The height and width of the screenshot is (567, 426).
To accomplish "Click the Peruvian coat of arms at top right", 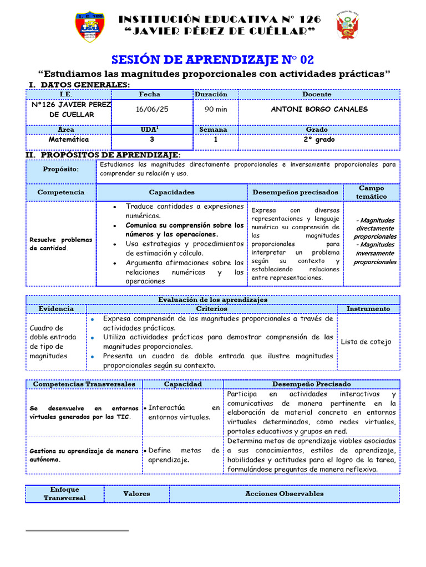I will click(x=347, y=27).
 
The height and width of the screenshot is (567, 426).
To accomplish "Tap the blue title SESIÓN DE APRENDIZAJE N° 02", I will click(x=213, y=60).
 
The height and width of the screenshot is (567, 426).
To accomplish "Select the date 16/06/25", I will click(x=152, y=109).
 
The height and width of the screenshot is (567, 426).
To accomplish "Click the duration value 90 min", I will click(x=216, y=109).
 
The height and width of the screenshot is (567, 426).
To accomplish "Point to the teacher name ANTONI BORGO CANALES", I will click(x=319, y=109).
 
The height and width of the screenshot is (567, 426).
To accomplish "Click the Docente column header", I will click(x=317, y=95).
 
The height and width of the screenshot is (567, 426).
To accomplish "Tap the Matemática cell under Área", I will click(x=68, y=140).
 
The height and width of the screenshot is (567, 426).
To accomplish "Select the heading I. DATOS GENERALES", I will click(x=79, y=85).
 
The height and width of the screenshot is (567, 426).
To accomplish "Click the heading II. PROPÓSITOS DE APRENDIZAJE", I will click(x=103, y=155).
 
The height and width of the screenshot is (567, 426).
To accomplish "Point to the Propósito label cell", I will click(x=61, y=169).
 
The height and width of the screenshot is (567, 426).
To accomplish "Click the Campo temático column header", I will click(x=371, y=192).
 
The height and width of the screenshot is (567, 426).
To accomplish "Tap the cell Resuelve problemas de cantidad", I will click(x=60, y=244).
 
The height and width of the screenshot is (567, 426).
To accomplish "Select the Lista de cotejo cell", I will click(x=366, y=342).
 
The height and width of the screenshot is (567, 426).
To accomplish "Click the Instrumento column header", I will click(x=368, y=308).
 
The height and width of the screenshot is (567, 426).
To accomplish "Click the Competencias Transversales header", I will click(x=84, y=384).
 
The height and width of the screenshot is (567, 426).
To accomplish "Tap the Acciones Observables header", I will click(x=284, y=493).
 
